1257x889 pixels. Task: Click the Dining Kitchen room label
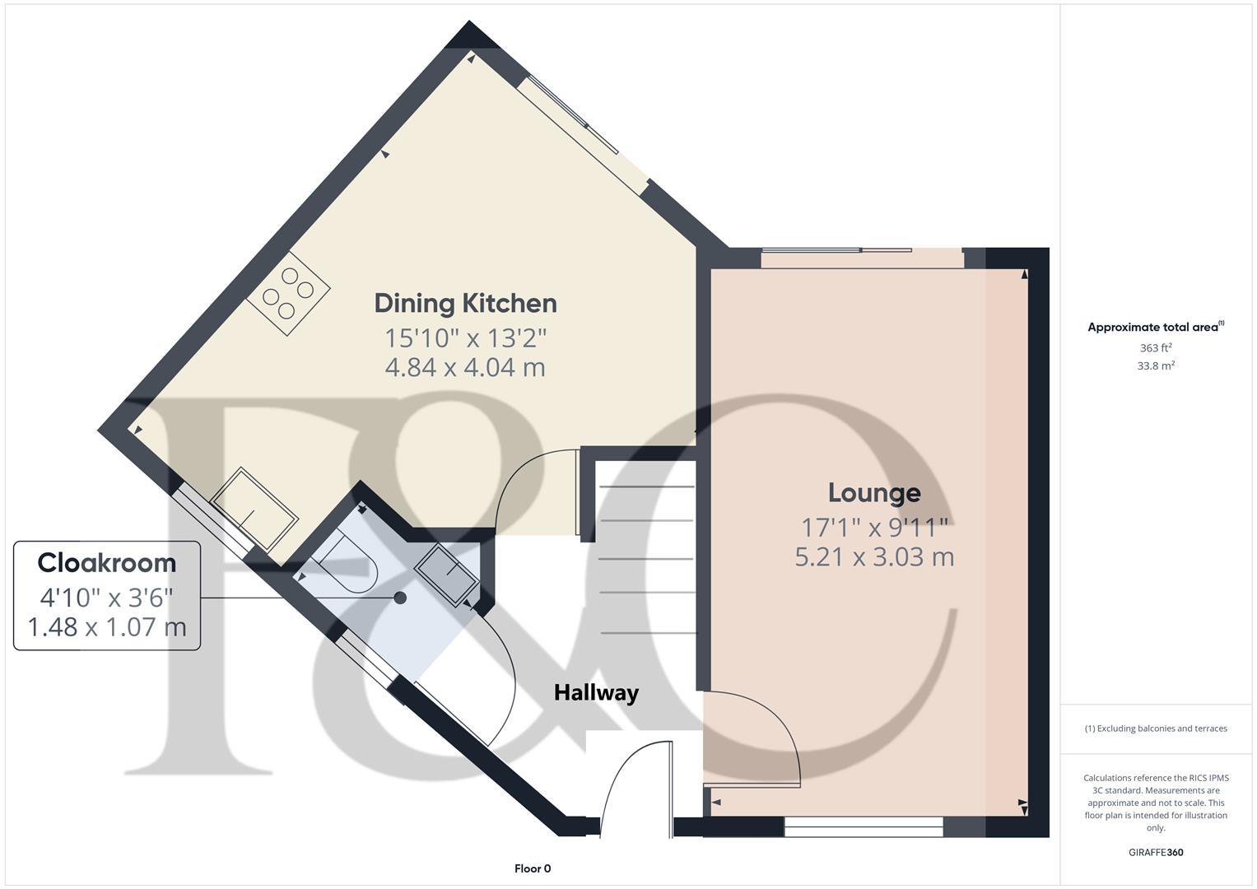tap(465, 303)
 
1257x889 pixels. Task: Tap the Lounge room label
tap(873, 492)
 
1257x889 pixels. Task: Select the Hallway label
tap(596, 692)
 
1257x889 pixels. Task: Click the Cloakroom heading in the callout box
tap(107, 563)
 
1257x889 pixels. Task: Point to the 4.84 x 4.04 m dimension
tap(465, 367)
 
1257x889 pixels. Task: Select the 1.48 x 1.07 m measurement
tap(107, 627)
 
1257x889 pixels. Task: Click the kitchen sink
tap(254, 509)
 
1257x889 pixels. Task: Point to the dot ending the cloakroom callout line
tap(401, 598)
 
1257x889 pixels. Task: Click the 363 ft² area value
tap(1156, 348)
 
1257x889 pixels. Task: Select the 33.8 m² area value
tap(1156, 366)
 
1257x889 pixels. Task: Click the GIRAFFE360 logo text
tap(1155, 852)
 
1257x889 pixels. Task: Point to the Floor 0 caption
tap(533, 868)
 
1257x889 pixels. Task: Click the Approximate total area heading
tap(1154, 327)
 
